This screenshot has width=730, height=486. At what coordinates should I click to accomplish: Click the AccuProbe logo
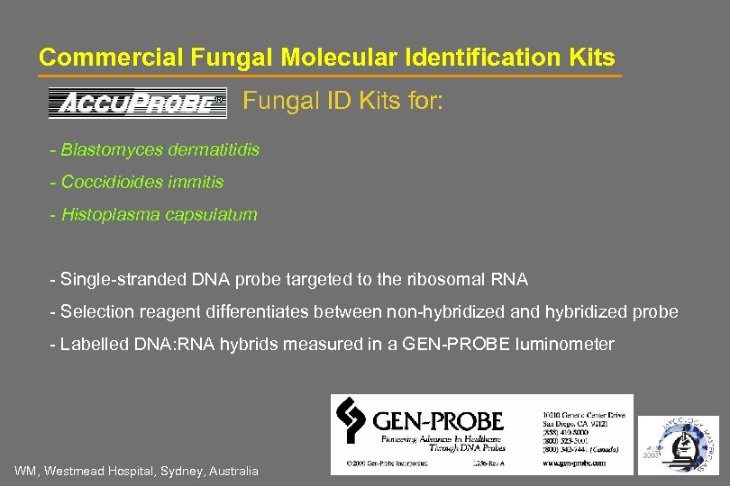click(137, 103)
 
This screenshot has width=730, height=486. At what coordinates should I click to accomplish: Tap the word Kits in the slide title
click(589, 58)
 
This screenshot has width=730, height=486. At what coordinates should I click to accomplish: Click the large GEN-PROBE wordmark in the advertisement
click(437, 419)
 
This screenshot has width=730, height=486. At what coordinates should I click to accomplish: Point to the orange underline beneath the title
click(329, 76)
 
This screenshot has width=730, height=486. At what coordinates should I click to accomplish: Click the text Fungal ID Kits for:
click(342, 102)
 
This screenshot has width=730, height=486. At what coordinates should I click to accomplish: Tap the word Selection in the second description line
click(95, 311)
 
